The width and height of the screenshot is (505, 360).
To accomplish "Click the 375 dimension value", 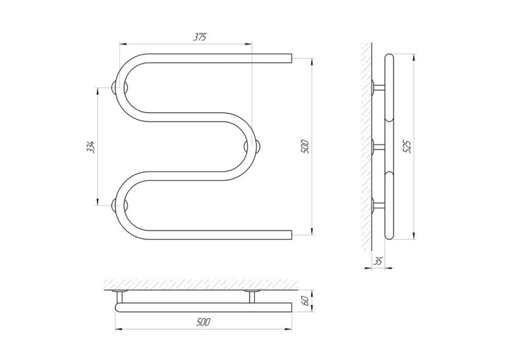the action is point(199,37).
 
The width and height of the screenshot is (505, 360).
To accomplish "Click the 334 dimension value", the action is point(92,147).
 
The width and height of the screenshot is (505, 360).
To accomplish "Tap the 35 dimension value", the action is point(378,261).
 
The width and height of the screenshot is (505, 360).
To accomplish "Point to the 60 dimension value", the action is point(306,301).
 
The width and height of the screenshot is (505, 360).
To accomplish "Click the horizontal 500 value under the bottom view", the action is point(203,322).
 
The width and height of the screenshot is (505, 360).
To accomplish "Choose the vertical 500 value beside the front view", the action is point(305,147).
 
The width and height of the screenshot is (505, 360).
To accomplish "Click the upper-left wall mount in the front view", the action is point(119,87).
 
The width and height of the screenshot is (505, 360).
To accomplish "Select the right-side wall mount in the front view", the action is point(252,147).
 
